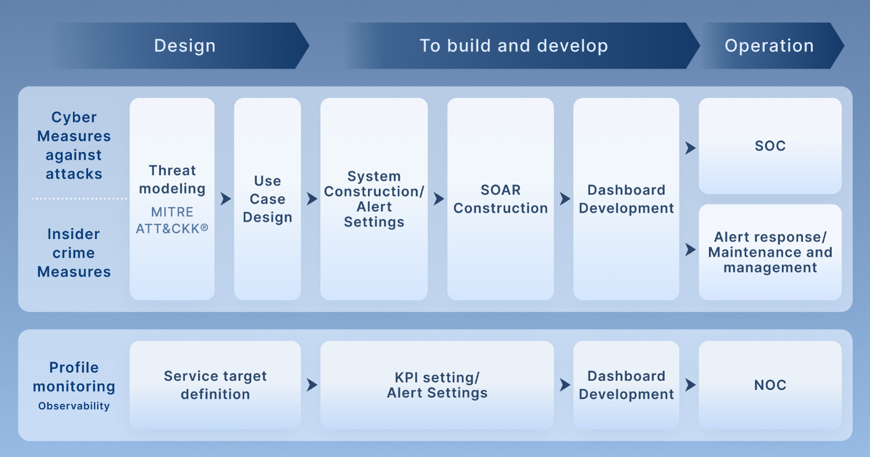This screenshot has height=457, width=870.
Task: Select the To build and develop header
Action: pos(521,46)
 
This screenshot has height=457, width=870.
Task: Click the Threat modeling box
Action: pos(172,199)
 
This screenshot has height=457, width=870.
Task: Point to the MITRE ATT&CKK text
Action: pos(172,220)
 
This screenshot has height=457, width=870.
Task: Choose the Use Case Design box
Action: pos(267,199)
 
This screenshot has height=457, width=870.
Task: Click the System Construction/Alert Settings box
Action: pos(374,199)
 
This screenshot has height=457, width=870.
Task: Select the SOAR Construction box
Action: pos(501,199)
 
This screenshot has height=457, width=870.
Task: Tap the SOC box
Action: pos(770,146)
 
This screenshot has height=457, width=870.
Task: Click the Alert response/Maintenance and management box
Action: pos(770,252)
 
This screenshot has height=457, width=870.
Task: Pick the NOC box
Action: pos(770,385)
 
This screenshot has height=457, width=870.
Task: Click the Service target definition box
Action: pos(215,385)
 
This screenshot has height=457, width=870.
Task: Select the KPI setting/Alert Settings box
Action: pos(437,385)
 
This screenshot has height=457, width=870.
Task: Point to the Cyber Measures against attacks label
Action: pos(74,146)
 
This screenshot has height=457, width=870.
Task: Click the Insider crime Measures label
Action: pos(74,253)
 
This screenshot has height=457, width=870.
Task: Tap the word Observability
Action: pos(74,406)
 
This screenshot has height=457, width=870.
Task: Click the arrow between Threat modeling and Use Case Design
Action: pos(226,199)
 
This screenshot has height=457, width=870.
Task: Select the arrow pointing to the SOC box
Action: pos(690,147)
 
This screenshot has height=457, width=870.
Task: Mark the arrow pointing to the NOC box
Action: pos(690,385)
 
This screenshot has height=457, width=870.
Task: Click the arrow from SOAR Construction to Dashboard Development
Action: pos(565,199)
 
